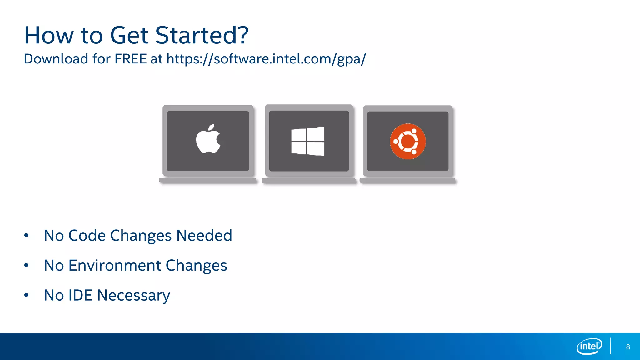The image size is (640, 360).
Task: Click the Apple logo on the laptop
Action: [208, 139]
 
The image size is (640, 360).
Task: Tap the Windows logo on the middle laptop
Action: [308, 141]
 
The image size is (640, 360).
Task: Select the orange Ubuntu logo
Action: [408, 142]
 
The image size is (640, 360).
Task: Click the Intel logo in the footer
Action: [589, 346]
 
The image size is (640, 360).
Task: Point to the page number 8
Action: [628, 347]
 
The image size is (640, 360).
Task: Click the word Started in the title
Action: [202, 35]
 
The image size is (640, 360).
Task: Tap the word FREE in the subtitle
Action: [131, 59]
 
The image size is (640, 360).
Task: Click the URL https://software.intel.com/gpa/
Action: [266, 59]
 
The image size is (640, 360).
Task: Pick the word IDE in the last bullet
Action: [80, 295]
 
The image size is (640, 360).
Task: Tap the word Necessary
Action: [133, 296]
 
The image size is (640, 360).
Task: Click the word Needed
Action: [204, 235]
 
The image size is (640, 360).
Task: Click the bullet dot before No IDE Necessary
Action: [27, 295]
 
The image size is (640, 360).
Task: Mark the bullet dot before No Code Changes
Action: [27, 235]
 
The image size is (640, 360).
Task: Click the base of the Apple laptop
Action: [208, 180]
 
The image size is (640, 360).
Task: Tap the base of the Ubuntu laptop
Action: [407, 181]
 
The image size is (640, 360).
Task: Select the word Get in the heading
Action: [129, 35]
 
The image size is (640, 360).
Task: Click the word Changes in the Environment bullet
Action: [196, 266]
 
